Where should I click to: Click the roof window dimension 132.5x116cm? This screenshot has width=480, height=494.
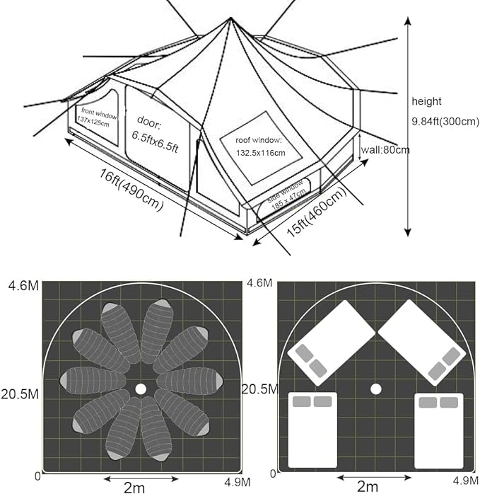pyautogui.click(x=261, y=153)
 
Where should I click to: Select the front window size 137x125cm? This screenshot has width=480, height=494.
pyautogui.click(x=93, y=121)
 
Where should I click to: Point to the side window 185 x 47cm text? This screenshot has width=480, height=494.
pyautogui.click(x=287, y=195)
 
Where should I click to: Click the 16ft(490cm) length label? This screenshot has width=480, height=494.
pyautogui.click(x=131, y=190)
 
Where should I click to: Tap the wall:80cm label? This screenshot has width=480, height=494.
pyautogui.click(x=385, y=149)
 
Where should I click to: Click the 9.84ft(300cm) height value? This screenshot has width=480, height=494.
pyautogui.click(x=445, y=121)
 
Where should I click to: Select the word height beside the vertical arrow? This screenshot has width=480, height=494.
pyautogui.click(x=426, y=101)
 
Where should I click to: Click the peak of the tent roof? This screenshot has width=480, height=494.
pyautogui.click(x=230, y=18)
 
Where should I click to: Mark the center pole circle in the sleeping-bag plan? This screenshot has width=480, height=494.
pyautogui.click(x=141, y=389)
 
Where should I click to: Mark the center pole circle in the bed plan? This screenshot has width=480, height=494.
pyautogui.click(x=376, y=389)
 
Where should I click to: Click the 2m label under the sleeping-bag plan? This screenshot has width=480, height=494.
pyautogui.click(x=134, y=488)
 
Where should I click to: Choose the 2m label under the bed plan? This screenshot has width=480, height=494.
pyautogui.click(x=368, y=486)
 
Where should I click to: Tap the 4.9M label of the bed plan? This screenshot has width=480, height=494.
pyautogui.click(x=466, y=481)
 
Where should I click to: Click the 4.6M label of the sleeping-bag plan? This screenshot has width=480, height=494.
pyautogui.click(x=23, y=285)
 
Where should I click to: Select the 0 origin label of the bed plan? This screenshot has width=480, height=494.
pyautogui.click(x=273, y=473)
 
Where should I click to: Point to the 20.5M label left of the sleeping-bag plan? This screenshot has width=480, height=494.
pyautogui.click(x=20, y=394)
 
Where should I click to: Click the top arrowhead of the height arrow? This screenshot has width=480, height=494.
pyautogui.click(x=408, y=21)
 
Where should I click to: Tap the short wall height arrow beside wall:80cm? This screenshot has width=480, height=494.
pyautogui.click(x=360, y=147)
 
